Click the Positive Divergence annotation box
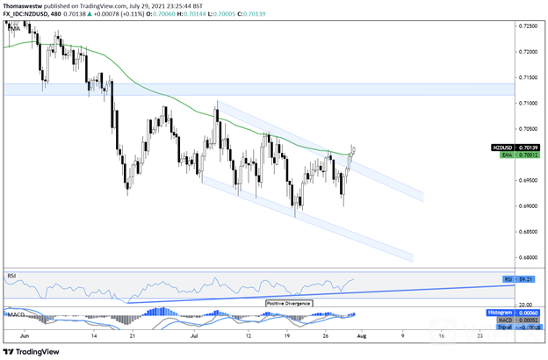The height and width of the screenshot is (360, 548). pyautogui.click(x=288, y=302)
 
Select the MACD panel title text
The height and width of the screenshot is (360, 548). pyautogui.click(x=15, y=313)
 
